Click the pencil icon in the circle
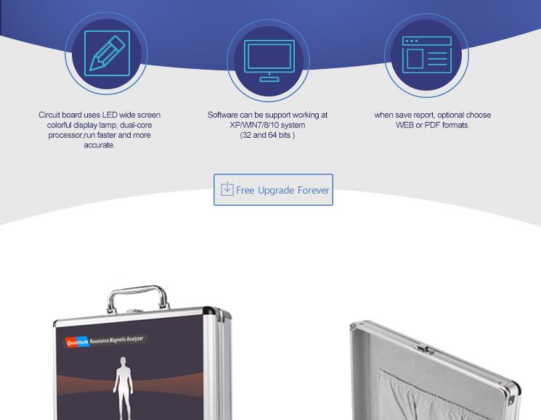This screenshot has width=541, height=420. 107,53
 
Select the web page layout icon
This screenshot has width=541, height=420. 427,55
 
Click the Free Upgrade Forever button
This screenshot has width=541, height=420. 273,190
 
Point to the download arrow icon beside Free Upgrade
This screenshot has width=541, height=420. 227,189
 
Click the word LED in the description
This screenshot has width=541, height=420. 110,115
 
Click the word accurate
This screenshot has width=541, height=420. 99,145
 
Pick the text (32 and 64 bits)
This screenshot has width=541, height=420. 267,135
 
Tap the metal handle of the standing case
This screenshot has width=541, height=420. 138,297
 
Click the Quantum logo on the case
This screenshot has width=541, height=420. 77,342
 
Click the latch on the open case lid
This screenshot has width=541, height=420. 425,350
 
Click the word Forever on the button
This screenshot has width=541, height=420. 313,190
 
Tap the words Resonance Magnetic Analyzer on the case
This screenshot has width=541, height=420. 116,340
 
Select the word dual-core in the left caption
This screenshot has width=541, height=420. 136,125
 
